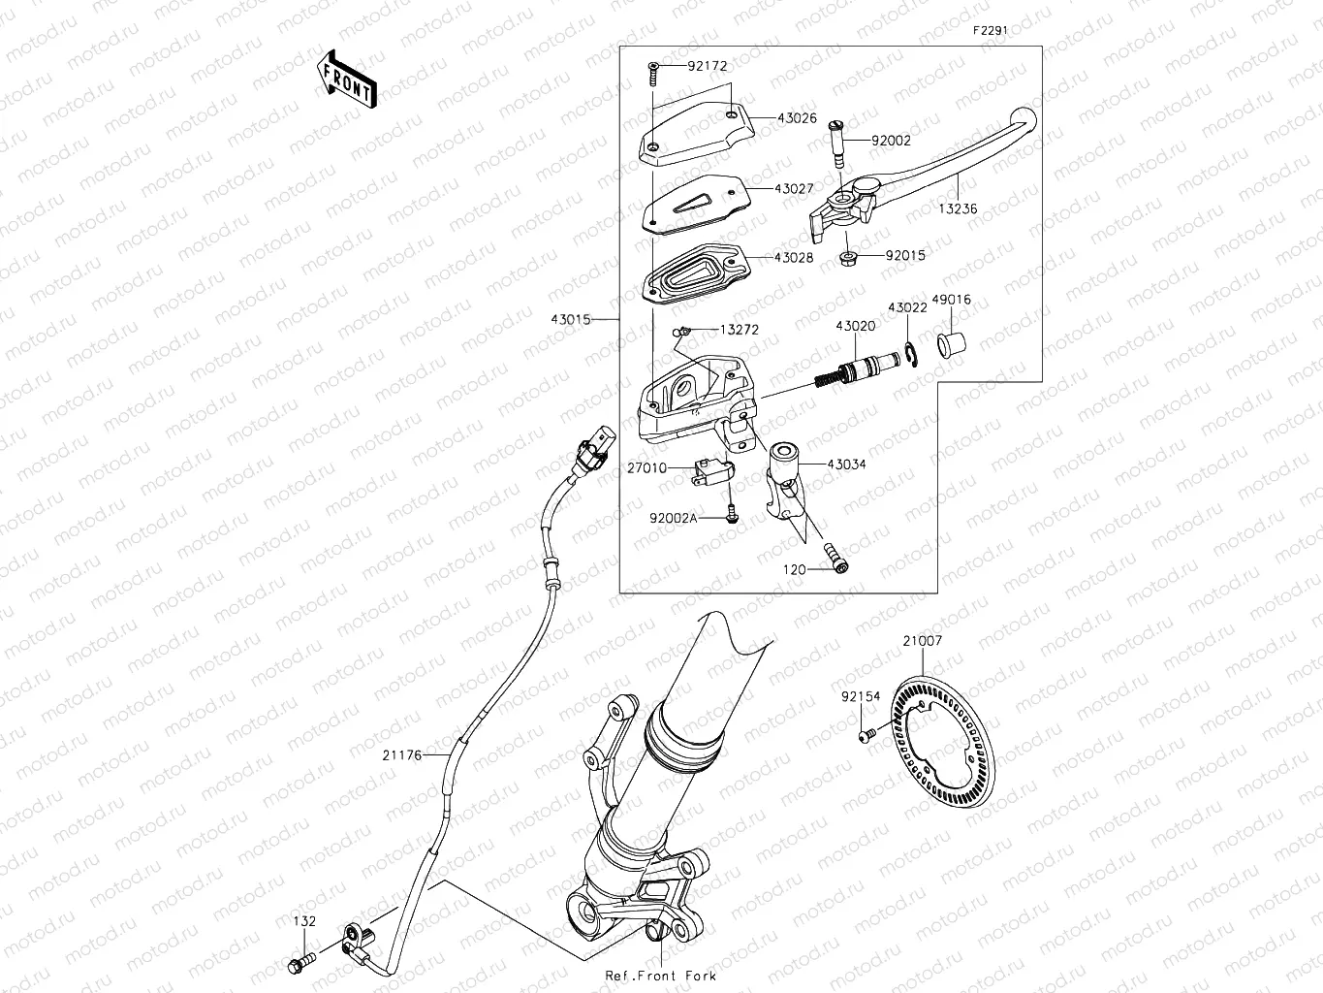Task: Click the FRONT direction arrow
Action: click(x=346, y=79)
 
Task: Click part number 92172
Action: click(x=708, y=66)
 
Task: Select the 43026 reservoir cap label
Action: click(x=796, y=118)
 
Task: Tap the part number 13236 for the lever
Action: click(x=958, y=208)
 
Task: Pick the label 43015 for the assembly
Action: click(x=571, y=319)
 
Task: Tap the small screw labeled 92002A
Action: click(x=734, y=518)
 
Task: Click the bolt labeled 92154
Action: click(x=867, y=736)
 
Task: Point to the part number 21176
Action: click(x=401, y=754)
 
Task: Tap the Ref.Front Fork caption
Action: click(x=660, y=976)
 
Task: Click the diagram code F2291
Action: click(x=991, y=30)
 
